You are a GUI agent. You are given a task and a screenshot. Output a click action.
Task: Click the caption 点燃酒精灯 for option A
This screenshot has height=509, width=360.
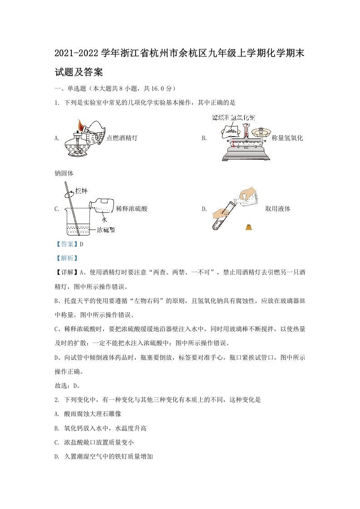coord(121,138)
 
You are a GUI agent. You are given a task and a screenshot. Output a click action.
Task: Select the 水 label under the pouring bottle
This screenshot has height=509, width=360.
coord(104,219)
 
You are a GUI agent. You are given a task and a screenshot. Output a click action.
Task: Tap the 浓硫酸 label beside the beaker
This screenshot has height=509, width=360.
coord(106,230)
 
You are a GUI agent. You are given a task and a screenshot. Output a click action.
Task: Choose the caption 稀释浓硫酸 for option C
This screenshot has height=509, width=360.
coord(132,209)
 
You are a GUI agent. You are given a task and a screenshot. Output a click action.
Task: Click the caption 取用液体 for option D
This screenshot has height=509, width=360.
coord(278,209)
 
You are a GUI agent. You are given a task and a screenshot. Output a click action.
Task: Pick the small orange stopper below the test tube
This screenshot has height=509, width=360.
coord(248,227)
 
